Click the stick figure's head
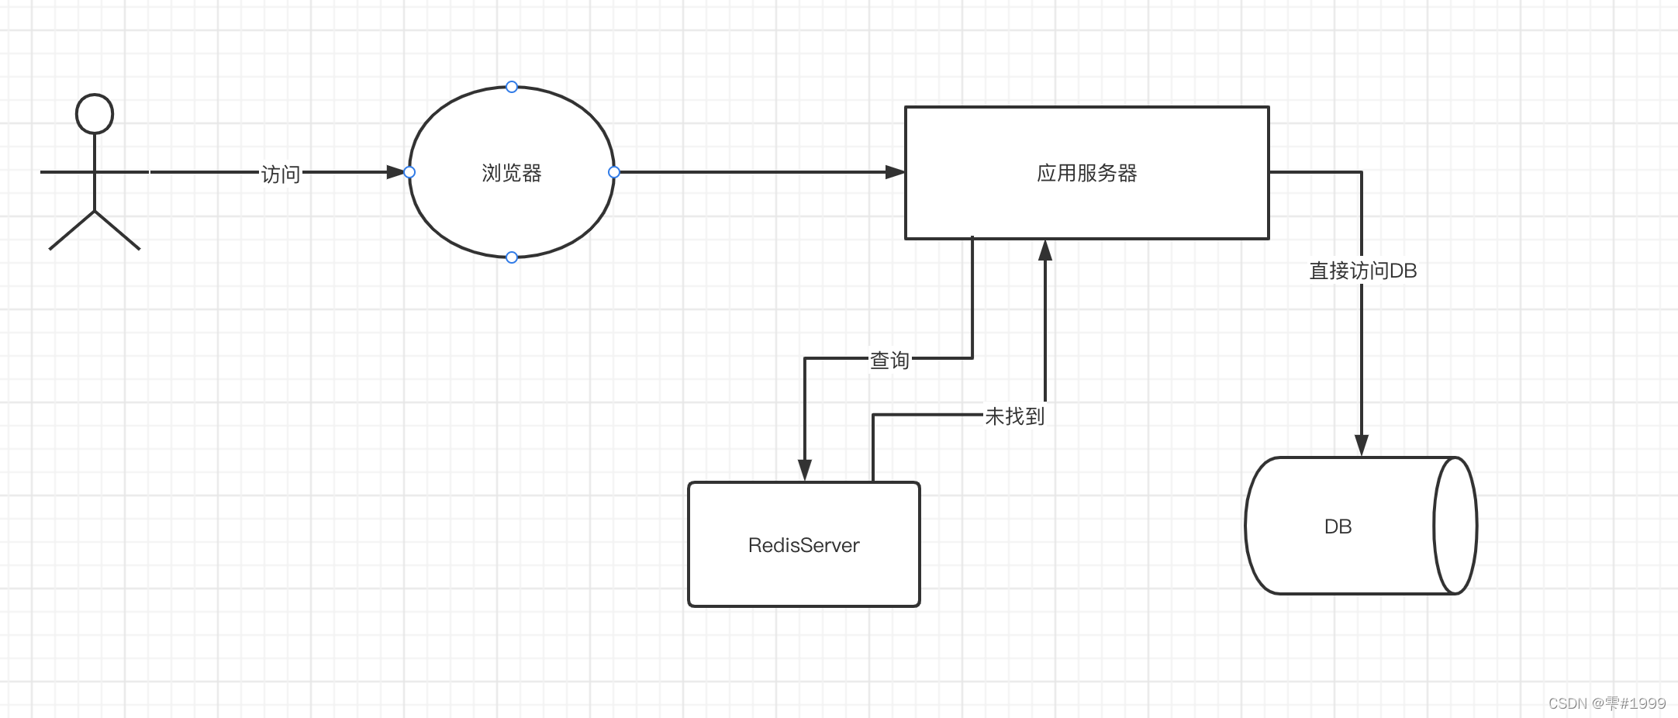click(95, 114)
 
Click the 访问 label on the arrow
click(280, 174)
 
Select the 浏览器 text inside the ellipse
click(512, 173)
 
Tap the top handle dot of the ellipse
click(512, 87)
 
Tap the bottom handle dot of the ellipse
click(512, 257)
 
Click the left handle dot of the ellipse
click(409, 172)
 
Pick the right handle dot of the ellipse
click(614, 172)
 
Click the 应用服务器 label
click(1086, 173)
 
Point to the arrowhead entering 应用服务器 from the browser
click(896, 172)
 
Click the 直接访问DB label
click(1362, 271)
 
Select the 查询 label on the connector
click(889, 360)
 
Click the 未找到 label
click(1014, 416)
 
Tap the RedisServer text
click(803, 545)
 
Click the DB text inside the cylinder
click(1338, 526)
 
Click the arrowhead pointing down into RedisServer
click(805, 470)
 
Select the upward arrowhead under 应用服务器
click(1045, 250)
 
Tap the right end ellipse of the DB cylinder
click(1455, 526)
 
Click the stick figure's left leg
click(71, 230)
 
